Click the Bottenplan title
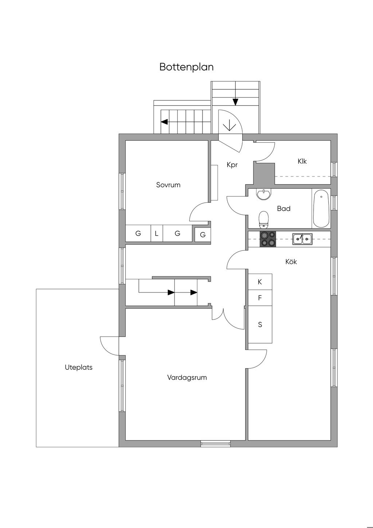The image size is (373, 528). (x=186, y=67)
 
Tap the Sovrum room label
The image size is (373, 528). (x=168, y=185)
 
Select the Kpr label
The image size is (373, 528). (x=232, y=165)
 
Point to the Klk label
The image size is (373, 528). (x=302, y=161)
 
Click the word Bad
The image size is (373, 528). (x=284, y=209)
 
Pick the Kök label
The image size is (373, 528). (x=291, y=261)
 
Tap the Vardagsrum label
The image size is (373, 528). (x=187, y=377)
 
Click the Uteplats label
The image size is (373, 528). (x=79, y=367)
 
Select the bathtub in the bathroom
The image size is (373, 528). (x=321, y=209)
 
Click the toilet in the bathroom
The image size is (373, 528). (x=264, y=220)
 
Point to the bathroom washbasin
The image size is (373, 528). (x=264, y=194)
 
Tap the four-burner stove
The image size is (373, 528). (x=268, y=239)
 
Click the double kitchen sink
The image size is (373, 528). (x=302, y=239)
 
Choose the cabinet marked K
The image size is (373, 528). (x=260, y=282)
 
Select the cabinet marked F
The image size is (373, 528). (x=260, y=298)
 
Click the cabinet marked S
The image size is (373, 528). (x=260, y=325)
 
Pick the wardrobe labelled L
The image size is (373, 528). (x=157, y=233)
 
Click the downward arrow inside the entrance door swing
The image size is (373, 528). (x=229, y=125)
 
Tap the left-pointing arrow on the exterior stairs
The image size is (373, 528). (x=164, y=122)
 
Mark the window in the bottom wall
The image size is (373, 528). (x=215, y=443)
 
